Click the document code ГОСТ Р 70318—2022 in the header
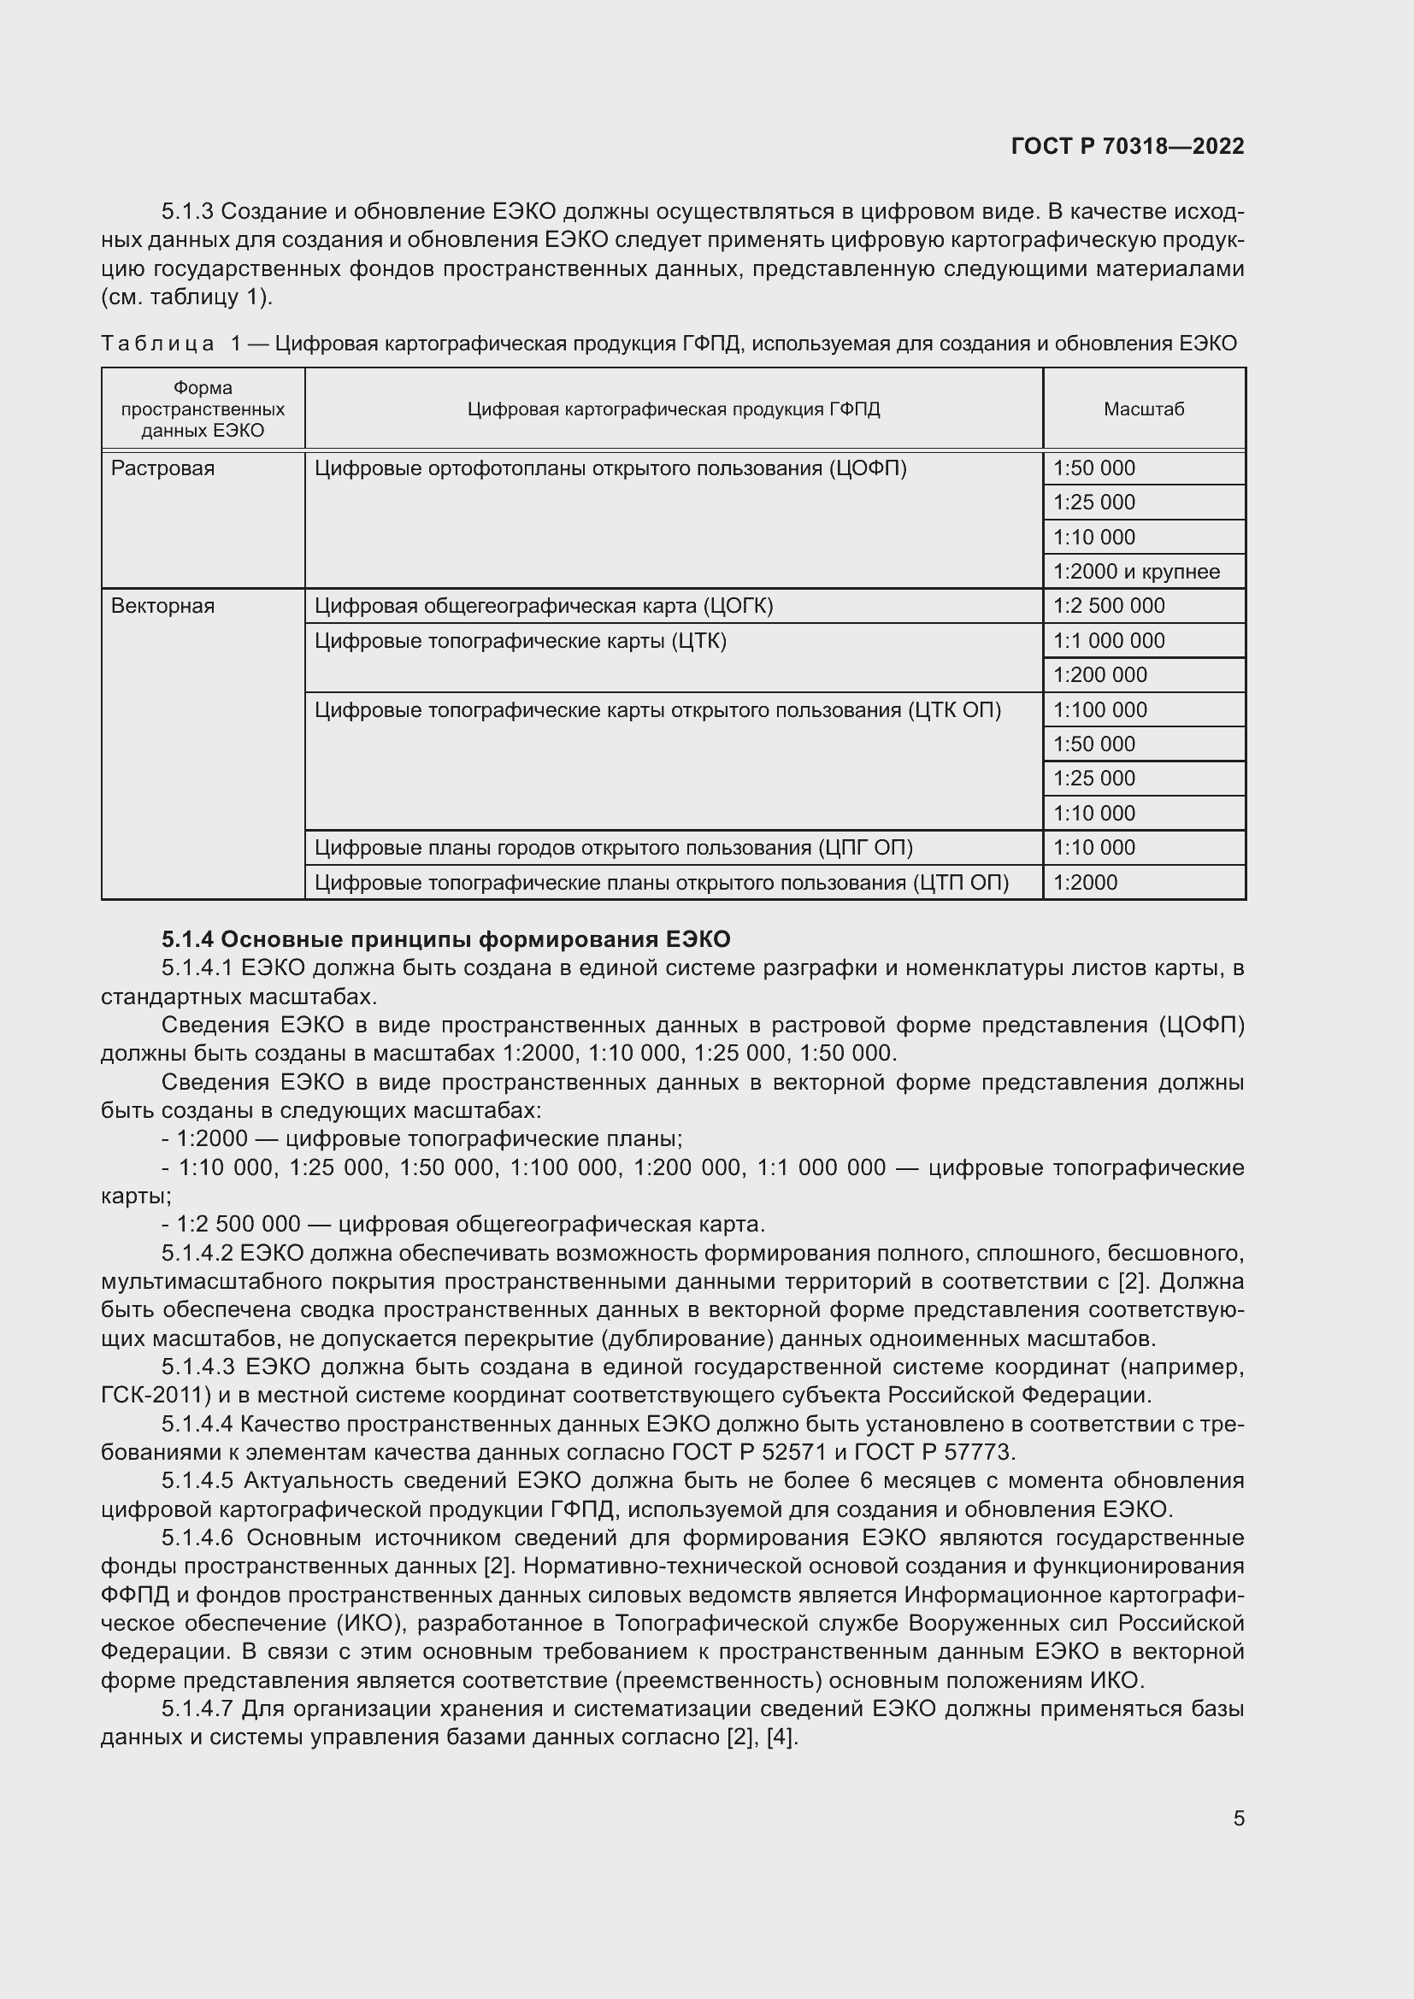pos(1128,146)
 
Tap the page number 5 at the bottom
pos(1238,1819)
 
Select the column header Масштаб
pos(1143,409)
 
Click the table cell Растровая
pos(162,468)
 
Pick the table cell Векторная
pos(162,606)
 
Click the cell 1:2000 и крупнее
pos(1135,572)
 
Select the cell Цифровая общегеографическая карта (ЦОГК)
pos(544,606)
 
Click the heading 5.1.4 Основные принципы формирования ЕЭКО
pos(445,939)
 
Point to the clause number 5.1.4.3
pos(197,1367)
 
